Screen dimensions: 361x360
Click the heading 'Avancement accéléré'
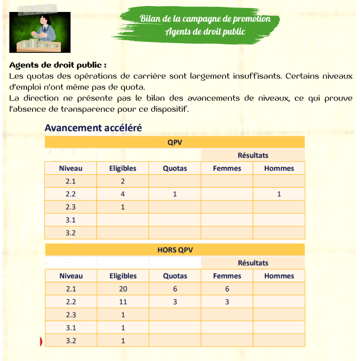[93, 128]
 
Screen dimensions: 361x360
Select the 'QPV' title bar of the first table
[175, 142]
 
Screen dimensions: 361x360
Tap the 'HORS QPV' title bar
[175, 250]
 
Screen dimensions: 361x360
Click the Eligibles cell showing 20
[123, 289]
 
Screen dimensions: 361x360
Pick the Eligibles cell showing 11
[123, 302]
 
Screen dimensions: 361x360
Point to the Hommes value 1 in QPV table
[279, 194]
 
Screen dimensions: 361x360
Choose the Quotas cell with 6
[175, 289]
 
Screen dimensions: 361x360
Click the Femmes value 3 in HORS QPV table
[227, 302]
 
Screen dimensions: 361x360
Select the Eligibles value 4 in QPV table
[123, 194]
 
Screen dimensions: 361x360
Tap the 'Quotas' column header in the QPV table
[175, 168]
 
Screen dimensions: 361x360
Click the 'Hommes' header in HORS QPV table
[279, 276]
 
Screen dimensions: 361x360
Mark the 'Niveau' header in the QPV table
[71, 168]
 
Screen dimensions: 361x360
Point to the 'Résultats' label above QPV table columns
[253, 155]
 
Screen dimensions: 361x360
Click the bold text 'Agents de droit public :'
[58, 65]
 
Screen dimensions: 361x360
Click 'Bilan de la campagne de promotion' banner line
[205, 18]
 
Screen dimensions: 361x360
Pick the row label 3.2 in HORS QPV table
[71, 341]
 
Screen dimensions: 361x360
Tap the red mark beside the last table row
[41, 341]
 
